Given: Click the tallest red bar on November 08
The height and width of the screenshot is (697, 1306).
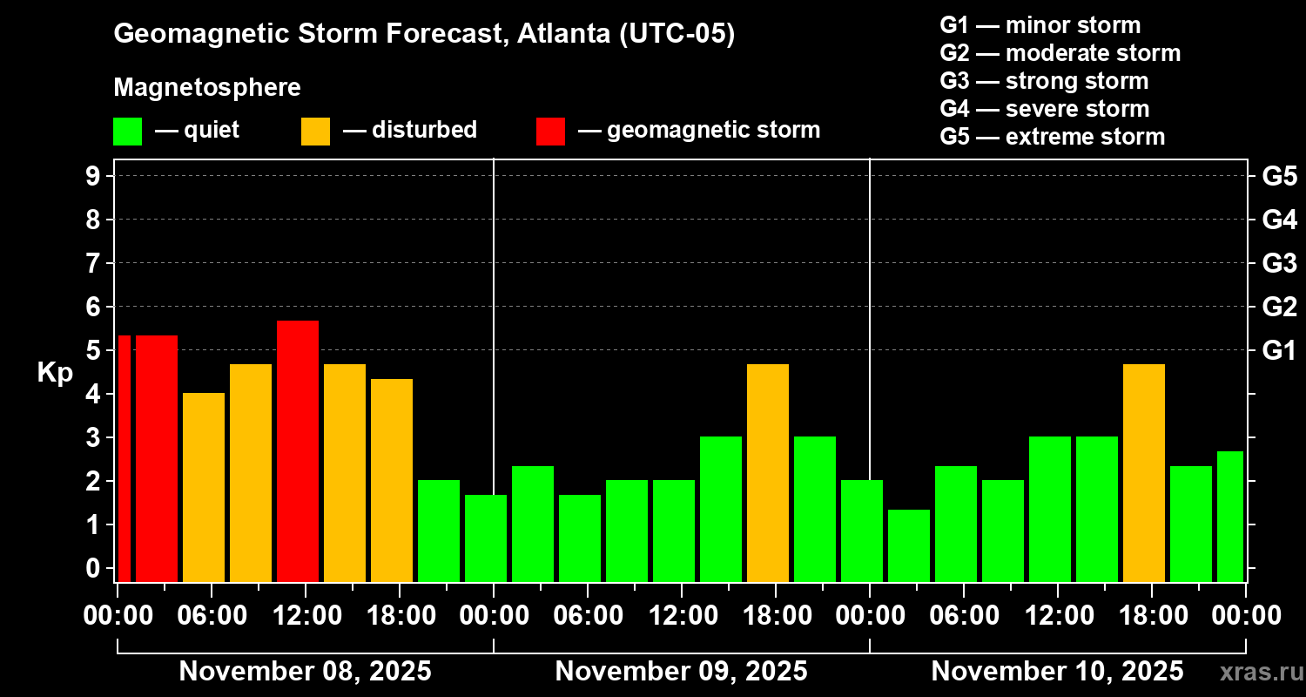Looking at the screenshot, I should point(298,450).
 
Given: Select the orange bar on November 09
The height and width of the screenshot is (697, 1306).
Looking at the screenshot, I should point(768,472).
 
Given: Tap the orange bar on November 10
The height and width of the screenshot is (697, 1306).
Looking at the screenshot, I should point(1144,472).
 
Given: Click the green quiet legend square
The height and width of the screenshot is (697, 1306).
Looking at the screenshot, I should point(127,131).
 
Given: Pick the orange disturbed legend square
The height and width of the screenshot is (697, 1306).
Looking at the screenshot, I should point(315,131).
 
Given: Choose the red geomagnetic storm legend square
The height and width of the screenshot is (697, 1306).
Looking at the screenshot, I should point(550,131).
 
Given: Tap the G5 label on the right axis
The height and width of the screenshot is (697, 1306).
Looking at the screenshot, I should point(1279,176).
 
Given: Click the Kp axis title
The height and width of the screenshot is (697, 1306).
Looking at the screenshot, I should point(55,373).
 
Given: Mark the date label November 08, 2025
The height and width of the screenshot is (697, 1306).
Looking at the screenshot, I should point(305,672).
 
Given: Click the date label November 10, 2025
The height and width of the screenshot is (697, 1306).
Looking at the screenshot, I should point(1057,672).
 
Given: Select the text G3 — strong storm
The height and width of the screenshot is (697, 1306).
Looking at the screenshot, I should point(1044,81).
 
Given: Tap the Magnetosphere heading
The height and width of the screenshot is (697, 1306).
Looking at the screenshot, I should point(207,88).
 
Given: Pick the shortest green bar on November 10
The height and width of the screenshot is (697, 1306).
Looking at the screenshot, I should point(909,545).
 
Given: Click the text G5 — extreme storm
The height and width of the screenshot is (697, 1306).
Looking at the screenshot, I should point(1052,137).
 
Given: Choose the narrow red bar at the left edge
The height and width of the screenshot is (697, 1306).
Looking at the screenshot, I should point(124,458).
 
